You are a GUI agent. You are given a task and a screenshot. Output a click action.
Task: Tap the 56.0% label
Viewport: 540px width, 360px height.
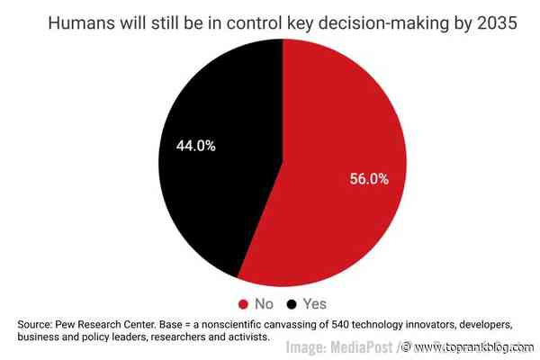pos(369,179)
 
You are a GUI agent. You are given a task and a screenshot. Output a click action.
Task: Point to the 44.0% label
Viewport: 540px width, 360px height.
pos(195,146)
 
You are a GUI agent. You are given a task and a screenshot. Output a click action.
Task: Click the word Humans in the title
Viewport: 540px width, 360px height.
pos(84,24)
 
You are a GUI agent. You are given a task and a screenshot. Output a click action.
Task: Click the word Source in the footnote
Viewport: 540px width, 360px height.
pos(38,323)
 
